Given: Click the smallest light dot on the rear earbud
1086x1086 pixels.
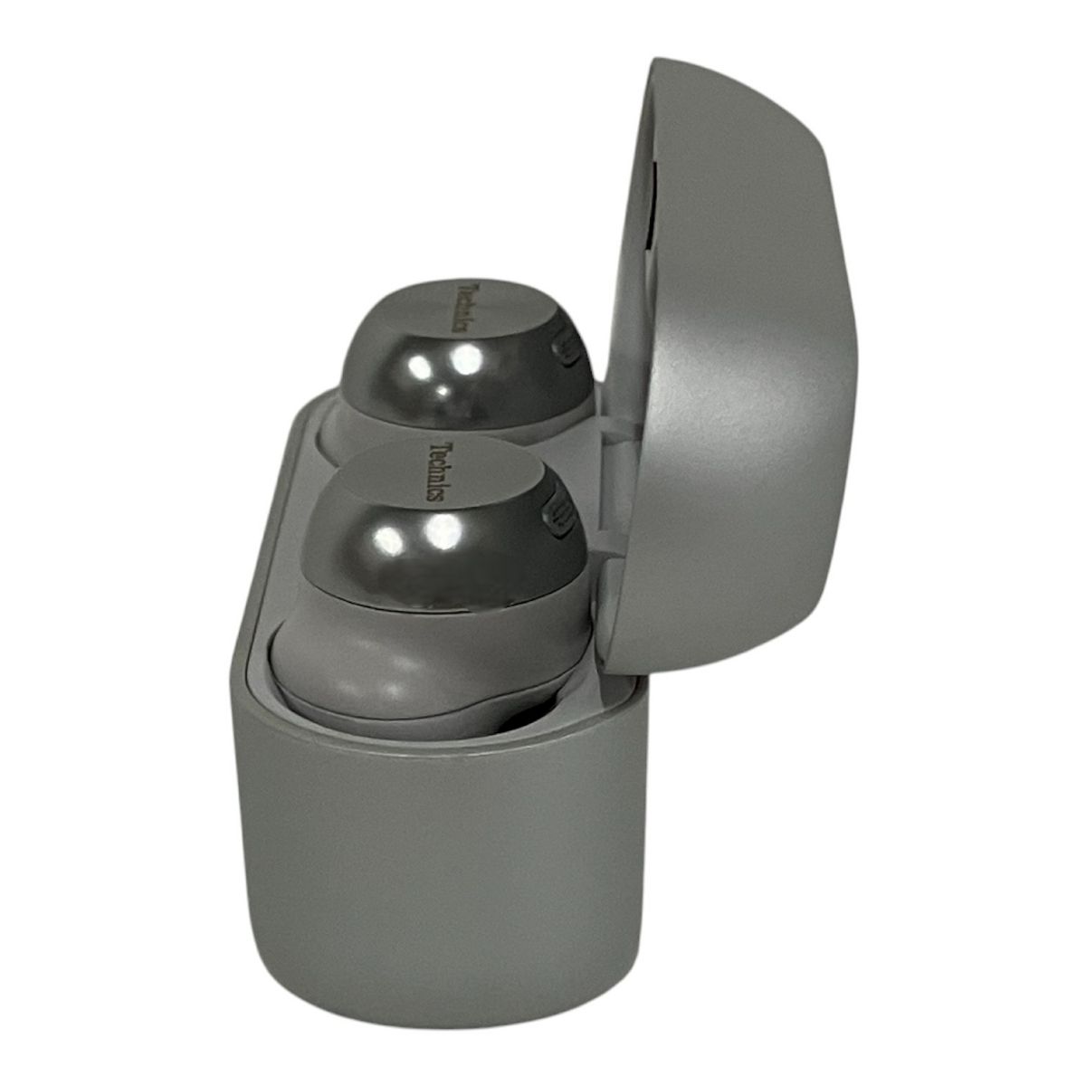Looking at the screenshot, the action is click(443, 390).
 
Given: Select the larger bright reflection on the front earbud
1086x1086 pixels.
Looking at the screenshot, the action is click(443, 532).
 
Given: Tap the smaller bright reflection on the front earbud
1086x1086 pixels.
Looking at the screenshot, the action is click(389, 541).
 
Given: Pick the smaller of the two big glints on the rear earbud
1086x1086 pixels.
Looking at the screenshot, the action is click(420, 367).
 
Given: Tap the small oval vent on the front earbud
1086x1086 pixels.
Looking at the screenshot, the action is click(554, 515).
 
